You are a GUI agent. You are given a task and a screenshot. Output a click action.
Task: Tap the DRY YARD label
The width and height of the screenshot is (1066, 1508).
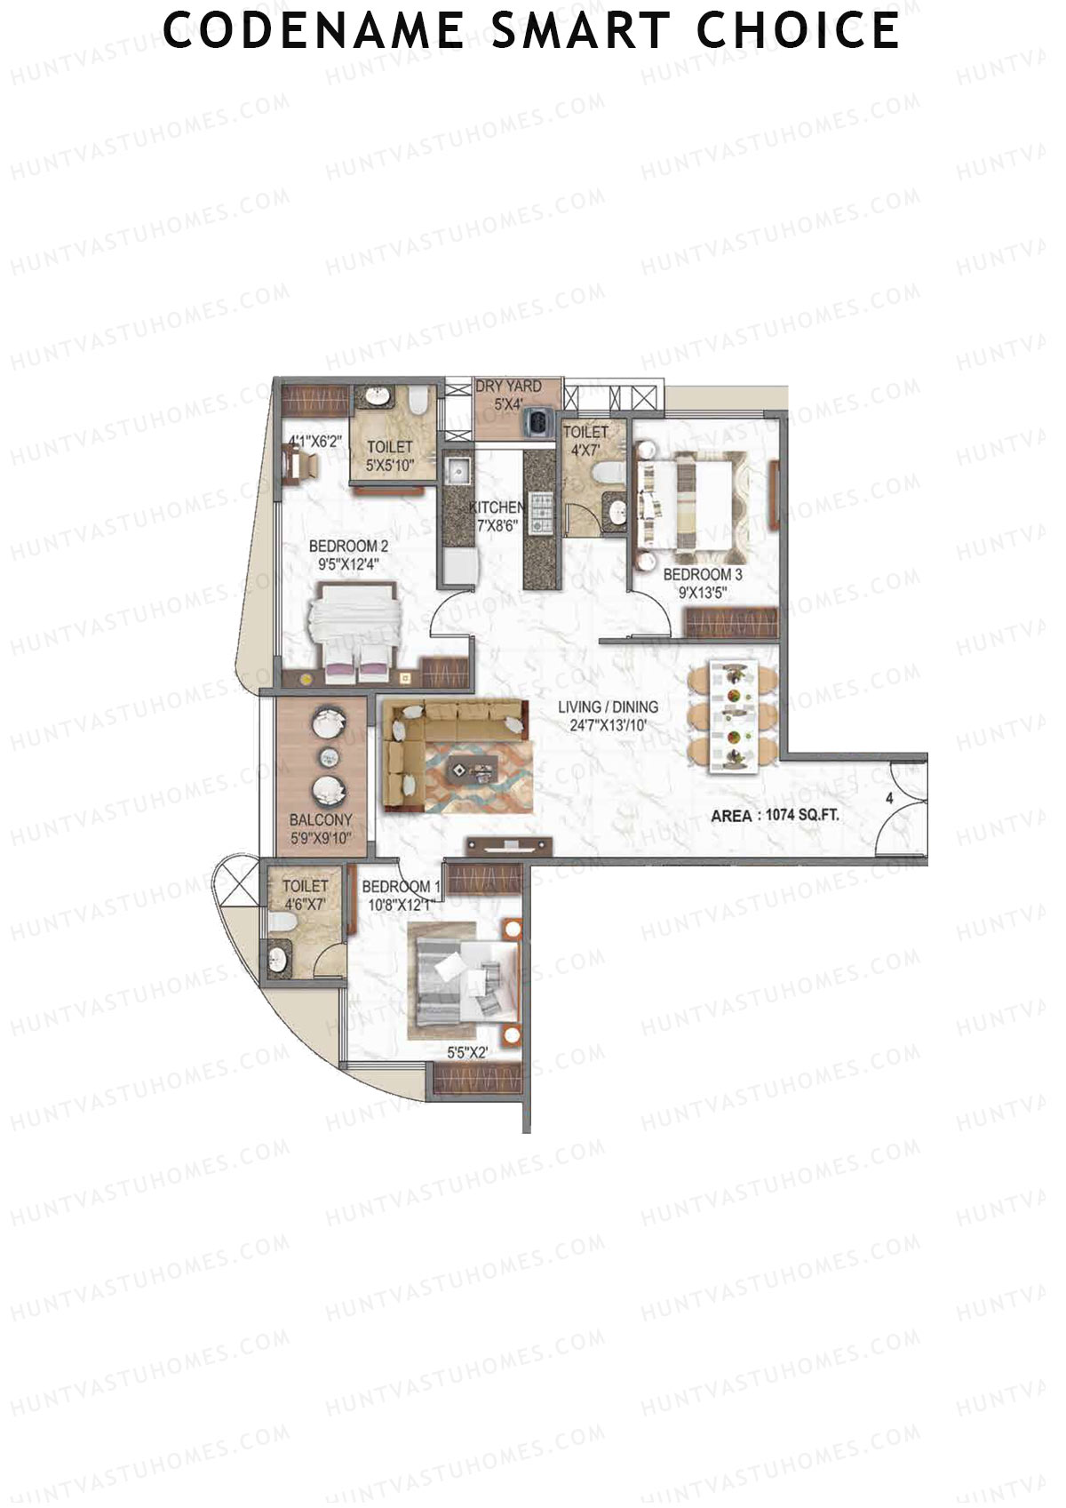(508, 387)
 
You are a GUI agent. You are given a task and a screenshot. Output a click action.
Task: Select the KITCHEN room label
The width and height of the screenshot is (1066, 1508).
(497, 507)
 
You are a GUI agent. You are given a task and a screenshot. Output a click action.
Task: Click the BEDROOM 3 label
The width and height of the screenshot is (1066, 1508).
(702, 575)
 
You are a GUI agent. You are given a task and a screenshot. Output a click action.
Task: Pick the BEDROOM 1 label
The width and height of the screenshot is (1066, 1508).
(401, 887)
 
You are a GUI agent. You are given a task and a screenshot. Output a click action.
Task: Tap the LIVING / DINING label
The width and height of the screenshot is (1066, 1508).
(608, 707)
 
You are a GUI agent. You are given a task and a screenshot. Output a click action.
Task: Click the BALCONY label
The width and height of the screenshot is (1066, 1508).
(321, 820)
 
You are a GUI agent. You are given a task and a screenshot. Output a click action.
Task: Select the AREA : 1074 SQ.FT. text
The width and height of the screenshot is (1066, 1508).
(775, 815)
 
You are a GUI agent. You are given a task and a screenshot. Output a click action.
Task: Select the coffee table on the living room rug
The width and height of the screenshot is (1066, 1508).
(469, 766)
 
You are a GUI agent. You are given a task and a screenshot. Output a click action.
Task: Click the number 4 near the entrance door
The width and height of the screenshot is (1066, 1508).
(889, 798)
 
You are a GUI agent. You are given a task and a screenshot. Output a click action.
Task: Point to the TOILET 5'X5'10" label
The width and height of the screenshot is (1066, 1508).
(390, 455)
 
